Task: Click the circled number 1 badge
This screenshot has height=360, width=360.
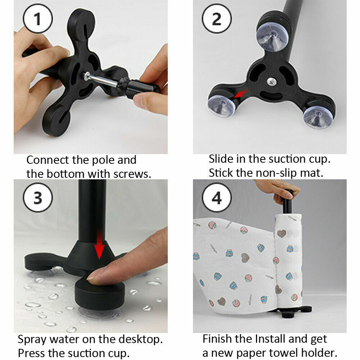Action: (38, 19)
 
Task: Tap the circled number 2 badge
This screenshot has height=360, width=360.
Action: (217, 19)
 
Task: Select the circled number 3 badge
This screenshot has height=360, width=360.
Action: (38, 198)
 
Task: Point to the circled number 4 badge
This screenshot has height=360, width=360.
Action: (217, 198)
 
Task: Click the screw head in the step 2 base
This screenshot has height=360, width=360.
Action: (271, 81)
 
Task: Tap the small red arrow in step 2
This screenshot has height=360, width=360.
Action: (242, 93)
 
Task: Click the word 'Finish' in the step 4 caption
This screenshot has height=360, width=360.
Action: (216, 339)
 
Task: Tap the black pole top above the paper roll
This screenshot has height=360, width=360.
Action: (287, 202)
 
